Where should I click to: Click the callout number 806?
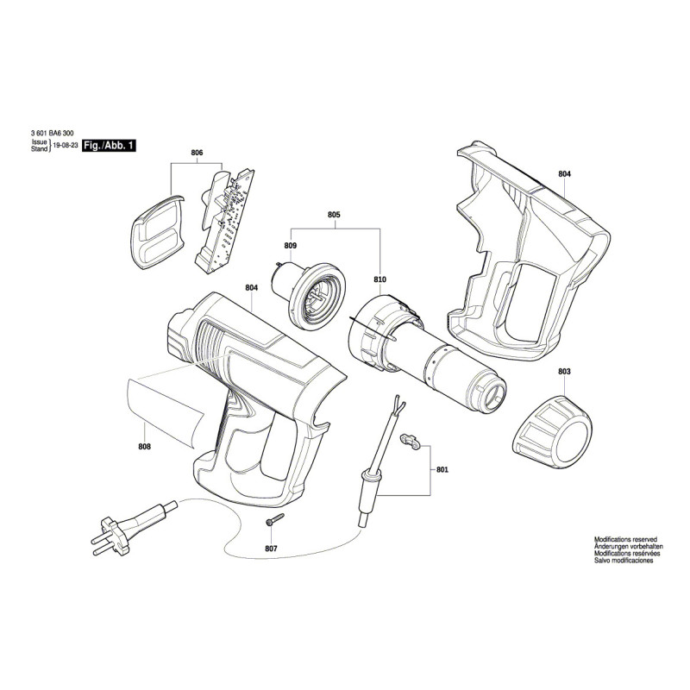coord(197,153)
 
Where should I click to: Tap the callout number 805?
coord(334,214)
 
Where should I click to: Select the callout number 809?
coord(290,246)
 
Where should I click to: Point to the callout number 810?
coord(379,279)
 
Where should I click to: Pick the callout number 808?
coord(144,446)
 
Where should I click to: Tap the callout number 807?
coord(272,549)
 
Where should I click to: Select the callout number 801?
coord(442,470)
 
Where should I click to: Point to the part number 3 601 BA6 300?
coord(53,134)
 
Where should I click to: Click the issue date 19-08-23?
coord(65,147)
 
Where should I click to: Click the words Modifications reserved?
coord(625,537)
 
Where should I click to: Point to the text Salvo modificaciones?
coord(624,561)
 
